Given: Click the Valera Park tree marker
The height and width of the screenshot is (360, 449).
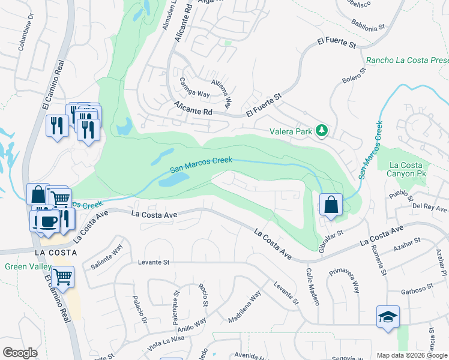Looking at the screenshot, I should [322, 130].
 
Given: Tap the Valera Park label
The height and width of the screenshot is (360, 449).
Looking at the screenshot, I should [293, 130].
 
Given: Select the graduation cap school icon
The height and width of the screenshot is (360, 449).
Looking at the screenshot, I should [388, 316].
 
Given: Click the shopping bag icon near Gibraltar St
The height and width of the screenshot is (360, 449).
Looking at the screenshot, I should [331, 205].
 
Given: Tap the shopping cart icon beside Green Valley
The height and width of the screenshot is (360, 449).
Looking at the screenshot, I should [62, 277].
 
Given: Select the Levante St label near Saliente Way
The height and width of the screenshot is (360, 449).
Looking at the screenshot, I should [154, 262].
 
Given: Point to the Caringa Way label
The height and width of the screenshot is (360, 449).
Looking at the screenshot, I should [192, 94].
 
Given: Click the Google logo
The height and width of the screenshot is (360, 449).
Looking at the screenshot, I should [20, 353].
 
